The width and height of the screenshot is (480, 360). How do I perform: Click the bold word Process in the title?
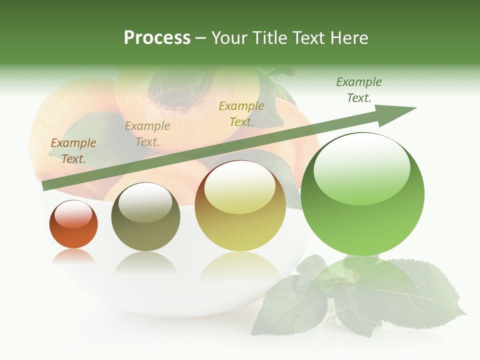point(157,38)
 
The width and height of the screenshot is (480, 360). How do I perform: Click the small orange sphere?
point(73,224)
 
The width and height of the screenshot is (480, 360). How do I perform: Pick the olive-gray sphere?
point(145,216)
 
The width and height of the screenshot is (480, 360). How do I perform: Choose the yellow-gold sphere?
point(240,205)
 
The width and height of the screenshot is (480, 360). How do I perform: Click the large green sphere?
point(362,194)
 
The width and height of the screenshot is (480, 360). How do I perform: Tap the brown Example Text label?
point(73,150)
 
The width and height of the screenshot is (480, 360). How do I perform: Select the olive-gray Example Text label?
point(147,134)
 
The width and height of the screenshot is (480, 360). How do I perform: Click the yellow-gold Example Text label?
point(241,113)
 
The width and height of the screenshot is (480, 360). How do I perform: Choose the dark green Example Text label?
point(359,90)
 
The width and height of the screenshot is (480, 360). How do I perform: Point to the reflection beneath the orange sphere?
point(73,256)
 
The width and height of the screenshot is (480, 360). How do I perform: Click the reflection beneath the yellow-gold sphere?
point(240,265)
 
